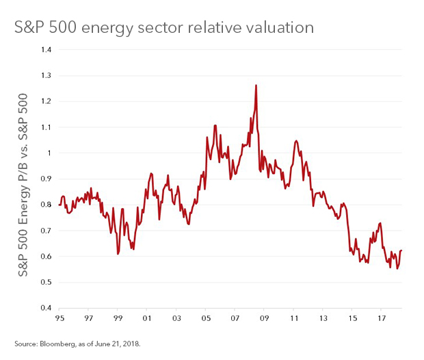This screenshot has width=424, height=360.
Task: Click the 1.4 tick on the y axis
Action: [47, 50]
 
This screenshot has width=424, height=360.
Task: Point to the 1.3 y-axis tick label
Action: [47, 76]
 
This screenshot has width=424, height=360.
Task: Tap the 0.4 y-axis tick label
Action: [47, 308]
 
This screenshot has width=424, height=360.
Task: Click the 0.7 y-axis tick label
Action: [47, 231]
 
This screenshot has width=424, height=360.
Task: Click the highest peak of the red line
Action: [256, 86]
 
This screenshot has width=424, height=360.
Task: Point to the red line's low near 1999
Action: [118, 254]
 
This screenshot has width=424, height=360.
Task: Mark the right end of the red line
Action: [401, 250]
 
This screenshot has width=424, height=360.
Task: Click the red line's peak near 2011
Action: [295, 141]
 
